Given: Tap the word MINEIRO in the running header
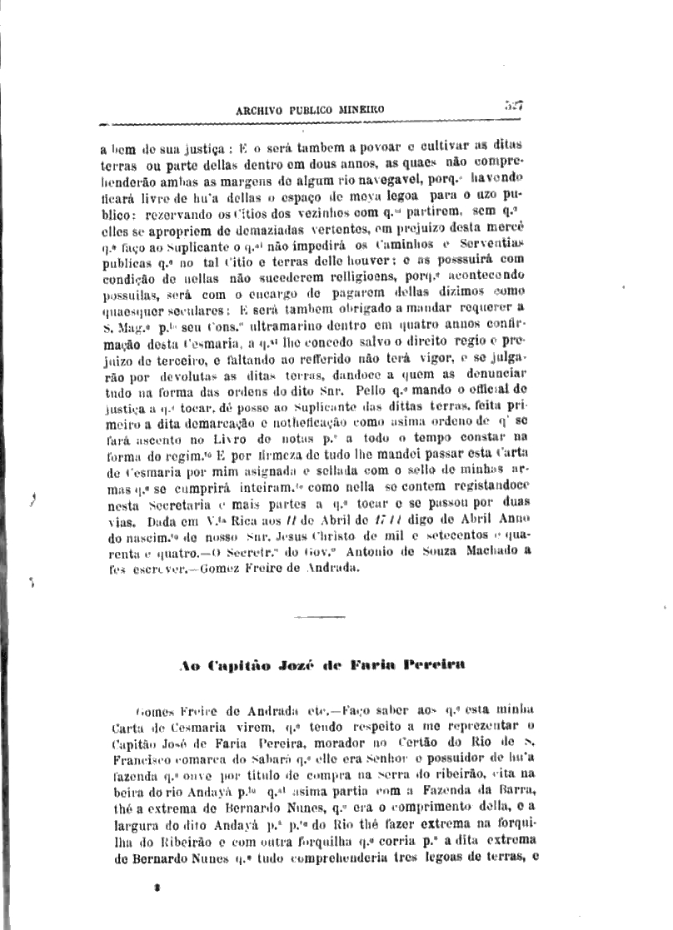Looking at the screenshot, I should (x=361, y=109).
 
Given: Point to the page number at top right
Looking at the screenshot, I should (x=513, y=105).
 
